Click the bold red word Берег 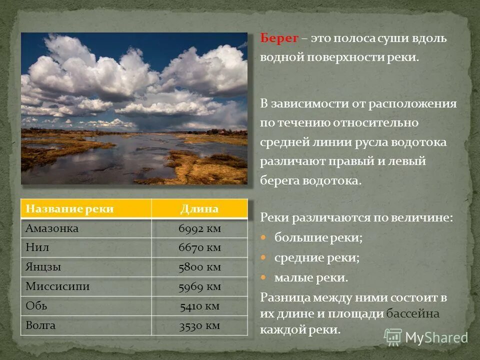click(x=279, y=38)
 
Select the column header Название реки click(x=69, y=209)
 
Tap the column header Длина click(x=199, y=209)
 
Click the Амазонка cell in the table click(x=52, y=228)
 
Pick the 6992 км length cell click(x=199, y=228)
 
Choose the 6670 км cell click(x=199, y=247)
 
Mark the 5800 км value click(x=199, y=267)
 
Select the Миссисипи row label click(x=57, y=286)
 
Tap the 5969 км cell click(x=199, y=286)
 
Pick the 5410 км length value click(x=199, y=306)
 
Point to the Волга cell click(x=40, y=325)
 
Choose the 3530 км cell click(x=199, y=325)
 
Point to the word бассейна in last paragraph click(x=412, y=313)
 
